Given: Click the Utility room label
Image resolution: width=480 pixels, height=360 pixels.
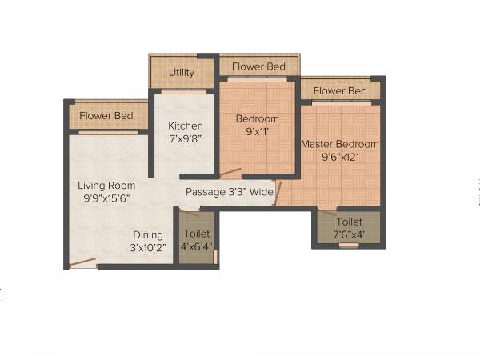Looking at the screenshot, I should click(x=181, y=73).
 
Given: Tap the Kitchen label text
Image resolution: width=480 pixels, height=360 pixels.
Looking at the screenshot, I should click(x=185, y=126).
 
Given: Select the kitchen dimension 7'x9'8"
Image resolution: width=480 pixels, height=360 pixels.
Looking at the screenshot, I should click(x=185, y=138).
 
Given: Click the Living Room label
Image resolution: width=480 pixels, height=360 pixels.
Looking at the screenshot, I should click(x=106, y=185).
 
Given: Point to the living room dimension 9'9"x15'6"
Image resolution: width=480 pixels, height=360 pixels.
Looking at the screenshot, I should click(x=106, y=198).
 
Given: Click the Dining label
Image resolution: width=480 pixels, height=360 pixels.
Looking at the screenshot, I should click(x=148, y=234).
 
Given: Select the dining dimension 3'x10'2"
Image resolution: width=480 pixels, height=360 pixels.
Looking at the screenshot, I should click(x=148, y=247).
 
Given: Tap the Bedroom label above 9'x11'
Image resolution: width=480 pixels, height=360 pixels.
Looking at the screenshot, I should click(x=257, y=119).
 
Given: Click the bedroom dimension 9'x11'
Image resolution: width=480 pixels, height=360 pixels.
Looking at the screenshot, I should click(x=257, y=132).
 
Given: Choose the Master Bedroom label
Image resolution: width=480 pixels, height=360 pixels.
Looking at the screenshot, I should click(x=339, y=144).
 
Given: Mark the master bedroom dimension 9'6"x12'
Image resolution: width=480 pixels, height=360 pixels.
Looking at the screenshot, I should click(x=339, y=157).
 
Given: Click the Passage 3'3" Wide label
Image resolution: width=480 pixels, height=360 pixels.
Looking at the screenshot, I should click(x=230, y=192).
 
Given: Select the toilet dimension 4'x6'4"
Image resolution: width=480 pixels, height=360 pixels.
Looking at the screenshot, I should click(x=197, y=246).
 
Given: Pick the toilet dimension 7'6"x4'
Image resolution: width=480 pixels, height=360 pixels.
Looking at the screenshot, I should click(x=349, y=234).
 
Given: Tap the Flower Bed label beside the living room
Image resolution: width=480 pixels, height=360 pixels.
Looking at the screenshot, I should click(x=106, y=116).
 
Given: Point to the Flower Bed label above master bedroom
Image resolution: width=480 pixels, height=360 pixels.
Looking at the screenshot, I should click(x=340, y=90).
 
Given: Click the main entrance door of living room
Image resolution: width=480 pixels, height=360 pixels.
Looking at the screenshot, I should click(x=82, y=262).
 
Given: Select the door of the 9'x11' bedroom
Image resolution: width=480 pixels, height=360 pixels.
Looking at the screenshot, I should click(x=230, y=171).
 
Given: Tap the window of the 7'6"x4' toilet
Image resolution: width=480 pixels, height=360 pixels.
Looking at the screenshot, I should click(x=349, y=246).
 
